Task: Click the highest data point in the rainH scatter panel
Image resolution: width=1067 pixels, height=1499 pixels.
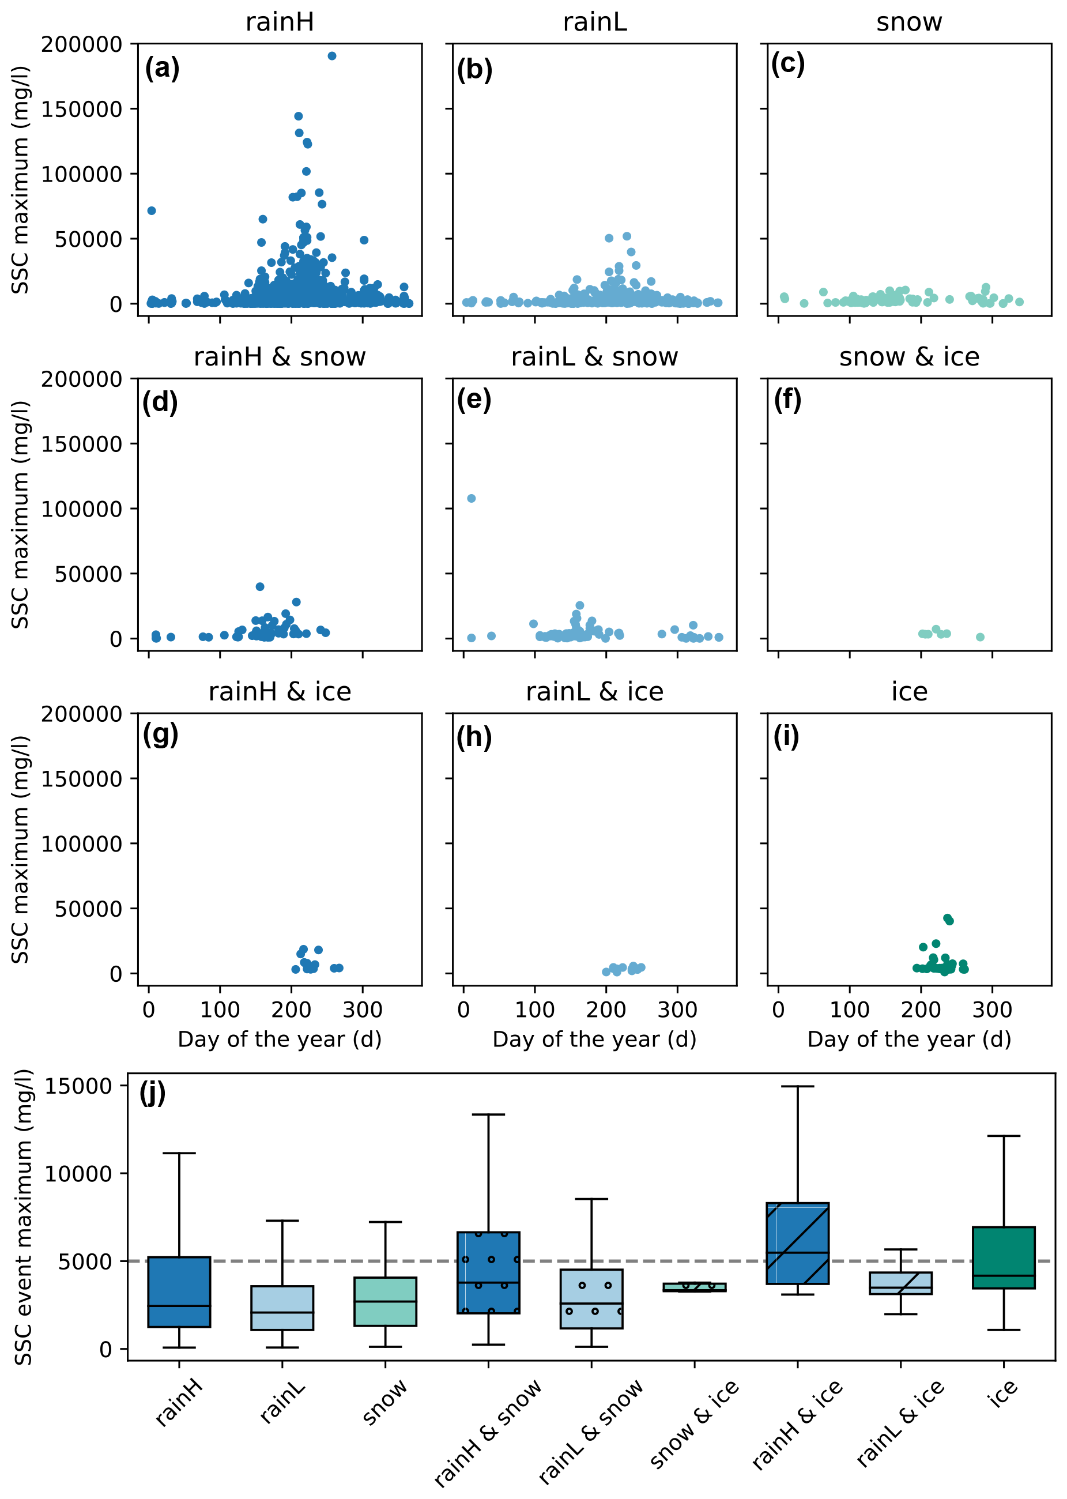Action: pos(332,56)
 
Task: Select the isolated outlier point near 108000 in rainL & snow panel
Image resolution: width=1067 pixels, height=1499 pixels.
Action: pos(471,498)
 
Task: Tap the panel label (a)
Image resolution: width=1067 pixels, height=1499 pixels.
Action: pos(163,69)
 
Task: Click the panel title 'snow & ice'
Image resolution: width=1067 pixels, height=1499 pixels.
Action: pos(908,357)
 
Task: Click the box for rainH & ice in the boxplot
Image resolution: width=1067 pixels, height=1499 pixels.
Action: pos(797,1242)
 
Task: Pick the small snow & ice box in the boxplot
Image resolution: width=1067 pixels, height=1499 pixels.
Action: pos(695,1287)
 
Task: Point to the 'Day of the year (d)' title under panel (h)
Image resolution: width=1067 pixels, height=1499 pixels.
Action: pos(594,1039)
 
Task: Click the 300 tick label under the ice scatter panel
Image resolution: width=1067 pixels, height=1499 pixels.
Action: pos(991,1010)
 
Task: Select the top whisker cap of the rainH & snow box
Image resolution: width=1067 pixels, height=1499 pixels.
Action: pos(488,1114)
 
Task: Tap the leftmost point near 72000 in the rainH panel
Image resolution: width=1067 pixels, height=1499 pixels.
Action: pos(152,210)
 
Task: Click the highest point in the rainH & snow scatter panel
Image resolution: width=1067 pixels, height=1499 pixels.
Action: pos(259,586)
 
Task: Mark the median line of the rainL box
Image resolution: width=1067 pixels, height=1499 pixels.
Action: pos(282,1312)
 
